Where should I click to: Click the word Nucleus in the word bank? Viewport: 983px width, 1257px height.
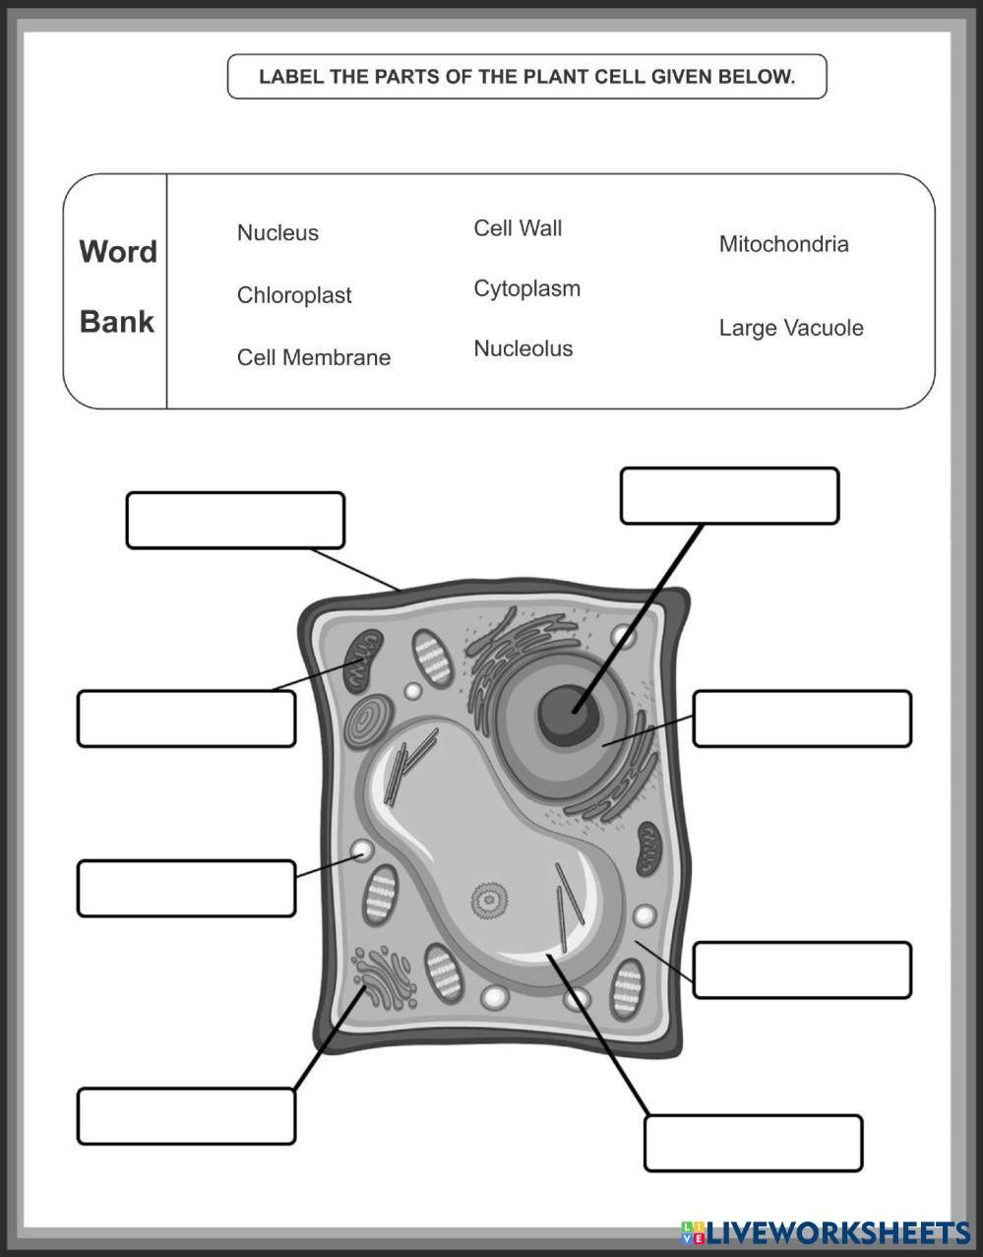277,233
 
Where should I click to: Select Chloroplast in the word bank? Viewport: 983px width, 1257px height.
294,295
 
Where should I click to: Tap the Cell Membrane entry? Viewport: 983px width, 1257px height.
314,357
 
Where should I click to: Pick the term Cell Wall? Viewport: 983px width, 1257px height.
518,228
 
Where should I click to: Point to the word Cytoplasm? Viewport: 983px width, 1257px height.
526,289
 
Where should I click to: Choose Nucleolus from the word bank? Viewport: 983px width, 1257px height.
522,348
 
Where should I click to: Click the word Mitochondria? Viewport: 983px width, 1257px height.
783,244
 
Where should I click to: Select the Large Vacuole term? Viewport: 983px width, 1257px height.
791,328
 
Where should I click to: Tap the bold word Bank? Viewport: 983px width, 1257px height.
117,322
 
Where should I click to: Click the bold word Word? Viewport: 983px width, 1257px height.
118,252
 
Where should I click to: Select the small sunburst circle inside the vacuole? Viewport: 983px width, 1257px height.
487,899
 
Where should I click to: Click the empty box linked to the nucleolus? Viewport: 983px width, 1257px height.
729,496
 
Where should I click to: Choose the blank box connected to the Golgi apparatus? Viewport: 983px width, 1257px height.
186,1116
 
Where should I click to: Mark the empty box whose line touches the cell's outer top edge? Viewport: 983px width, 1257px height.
235,521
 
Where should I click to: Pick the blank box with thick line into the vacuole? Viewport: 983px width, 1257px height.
753,1144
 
